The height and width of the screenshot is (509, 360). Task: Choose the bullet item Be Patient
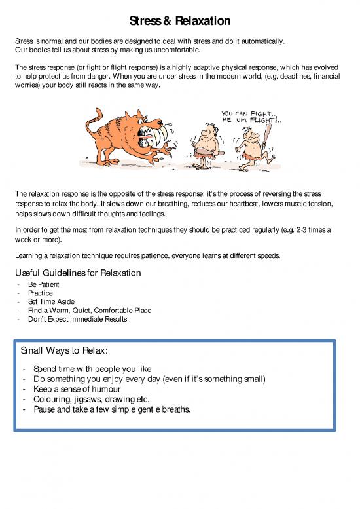[x=44, y=285]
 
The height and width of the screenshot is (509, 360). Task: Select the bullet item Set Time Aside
[x=52, y=302]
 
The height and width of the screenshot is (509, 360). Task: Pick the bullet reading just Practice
[x=42, y=293]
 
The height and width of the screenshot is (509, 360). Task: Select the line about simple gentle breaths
[x=111, y=410]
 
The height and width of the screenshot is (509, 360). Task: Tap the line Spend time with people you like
[x=92, y=369]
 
